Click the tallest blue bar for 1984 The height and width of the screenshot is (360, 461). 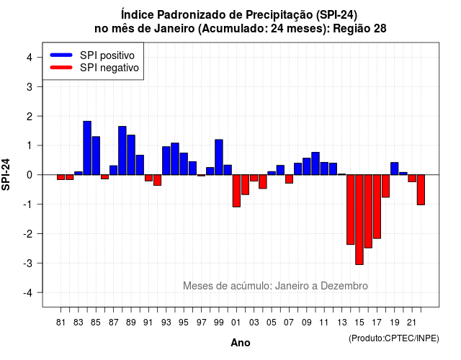pyautogui.click(x=87, y=148)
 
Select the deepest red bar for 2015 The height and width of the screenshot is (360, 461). pyautogui.click(x=359, y=220)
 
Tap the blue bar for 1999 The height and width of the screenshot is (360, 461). pyautogui.click(x=219, y=157)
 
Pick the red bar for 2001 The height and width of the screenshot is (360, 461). pyautogui.click(x=236, y=191)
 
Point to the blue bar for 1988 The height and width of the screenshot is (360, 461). pyautogui.click(x=122, y=150)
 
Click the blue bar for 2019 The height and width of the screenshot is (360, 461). pyautogui.click(x=395, y=168)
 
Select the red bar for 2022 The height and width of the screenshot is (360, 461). pyautogui.click(x=421, y=189)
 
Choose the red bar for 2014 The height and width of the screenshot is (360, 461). pyautogui.click(x=351, y=210)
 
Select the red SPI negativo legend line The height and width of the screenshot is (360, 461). pyautogui.click(x=61, y=68)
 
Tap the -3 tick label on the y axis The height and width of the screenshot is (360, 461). pyautogui.click(x=28, y=263)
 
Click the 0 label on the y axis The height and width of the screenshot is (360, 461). pyautogui.click(x=30, y=175)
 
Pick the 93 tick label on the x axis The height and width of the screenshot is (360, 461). pyautogui.click(x=166, y=323)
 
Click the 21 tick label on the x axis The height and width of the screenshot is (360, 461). pyautogui.click(x=411, y=323)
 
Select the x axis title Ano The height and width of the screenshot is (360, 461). pyautogui.click(x=241, y=343)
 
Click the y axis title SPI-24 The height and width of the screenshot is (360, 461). pyautogui.click(x=6, y=174)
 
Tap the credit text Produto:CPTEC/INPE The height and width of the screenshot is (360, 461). pyautogui.click(x=394, y=338)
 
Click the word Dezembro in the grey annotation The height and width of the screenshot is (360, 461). pyautogui.click(x=344, y=286)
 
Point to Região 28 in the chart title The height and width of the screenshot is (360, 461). pyautogui.click(x=360, y=29)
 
